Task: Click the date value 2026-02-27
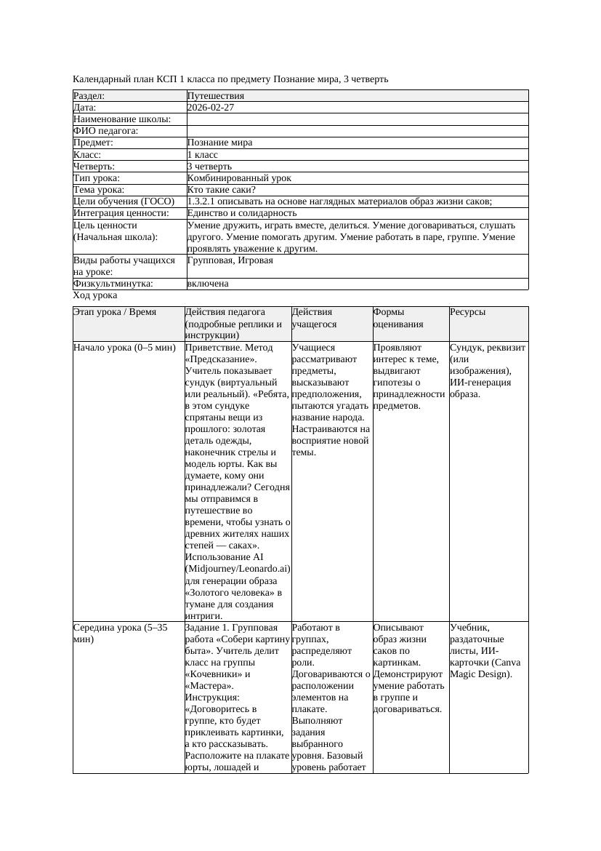(x=211, y=108)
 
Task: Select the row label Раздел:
(x=89, y=96)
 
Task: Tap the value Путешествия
(x=216, y=96)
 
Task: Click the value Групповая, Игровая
(x=230, y=260)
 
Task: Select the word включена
(x=208, y=284)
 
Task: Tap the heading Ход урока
(x=95, y=296)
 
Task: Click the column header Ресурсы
(x=468, y=312)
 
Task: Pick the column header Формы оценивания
(x=398, y=318)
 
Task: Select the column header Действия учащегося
(x=314, y=318)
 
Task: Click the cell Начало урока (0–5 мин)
(x=124, y=348)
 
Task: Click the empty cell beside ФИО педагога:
(x=357, y=131)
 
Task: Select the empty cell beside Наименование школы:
(x=357, y=119)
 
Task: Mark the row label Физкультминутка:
(x=113, y=284)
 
